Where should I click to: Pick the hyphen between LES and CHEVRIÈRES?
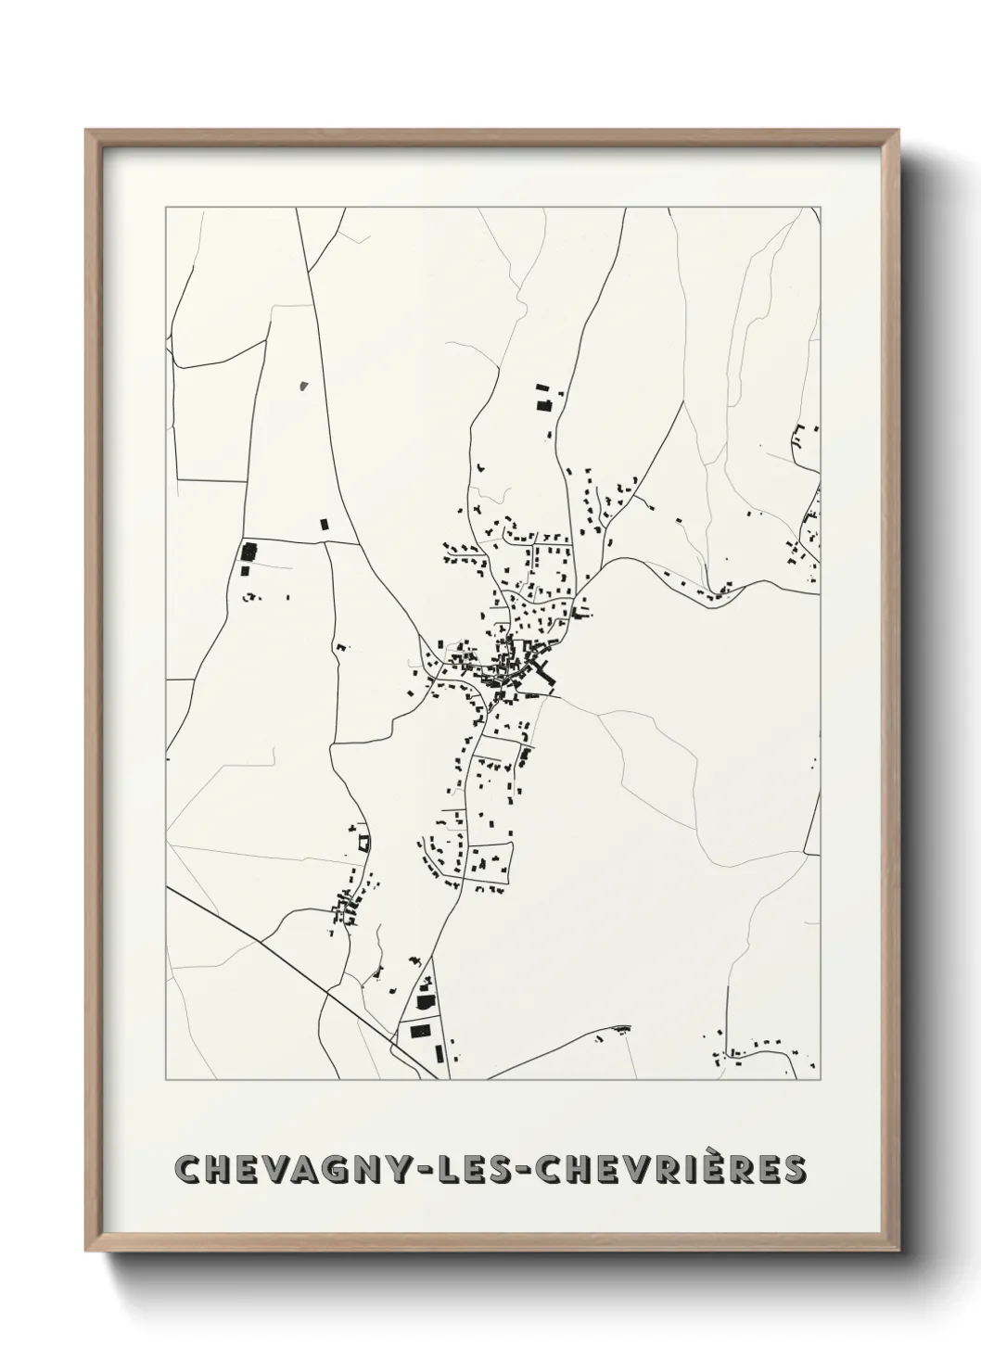click(541, 1171)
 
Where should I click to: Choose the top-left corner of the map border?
click(166, 208)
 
